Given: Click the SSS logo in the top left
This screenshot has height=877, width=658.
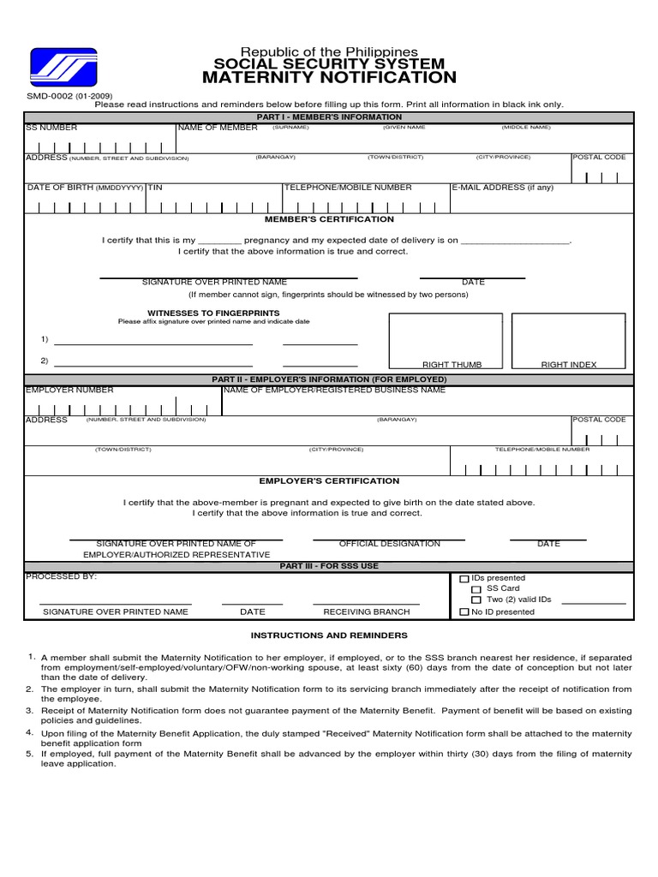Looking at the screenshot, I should pos(63,67).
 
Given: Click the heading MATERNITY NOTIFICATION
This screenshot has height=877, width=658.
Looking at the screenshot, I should pos(329,78).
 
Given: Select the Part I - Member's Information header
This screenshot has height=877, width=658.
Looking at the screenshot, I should pos(329,117).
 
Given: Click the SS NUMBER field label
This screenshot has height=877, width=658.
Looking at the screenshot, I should pos(51,128).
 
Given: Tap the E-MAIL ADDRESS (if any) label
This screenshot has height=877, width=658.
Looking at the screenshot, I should pos(503,188).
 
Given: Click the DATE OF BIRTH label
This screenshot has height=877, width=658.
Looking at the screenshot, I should pos(60,188).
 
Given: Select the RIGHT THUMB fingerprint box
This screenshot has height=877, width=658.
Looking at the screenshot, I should pos(446,341).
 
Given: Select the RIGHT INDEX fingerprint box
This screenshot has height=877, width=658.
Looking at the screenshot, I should pos(569,341).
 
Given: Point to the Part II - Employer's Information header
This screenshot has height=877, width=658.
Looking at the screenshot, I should pos(329,379).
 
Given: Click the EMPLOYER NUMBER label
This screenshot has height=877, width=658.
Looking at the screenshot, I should pos(69,390).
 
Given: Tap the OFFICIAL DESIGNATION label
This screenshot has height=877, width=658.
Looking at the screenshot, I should pos(389,544).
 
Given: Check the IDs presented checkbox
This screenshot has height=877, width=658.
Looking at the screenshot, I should pos(464,580).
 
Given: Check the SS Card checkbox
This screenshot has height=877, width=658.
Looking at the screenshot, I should pos(476,590).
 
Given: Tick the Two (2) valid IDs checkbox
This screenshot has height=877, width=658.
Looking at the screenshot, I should pos(476,600).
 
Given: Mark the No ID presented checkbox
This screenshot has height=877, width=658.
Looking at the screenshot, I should pos(464,612).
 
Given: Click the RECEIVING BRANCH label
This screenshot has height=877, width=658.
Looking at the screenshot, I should pos(366,612).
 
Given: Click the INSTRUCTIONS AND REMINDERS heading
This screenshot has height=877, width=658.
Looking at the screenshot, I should pos(329,635).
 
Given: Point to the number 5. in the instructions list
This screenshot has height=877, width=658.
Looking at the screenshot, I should pos(29,754).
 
